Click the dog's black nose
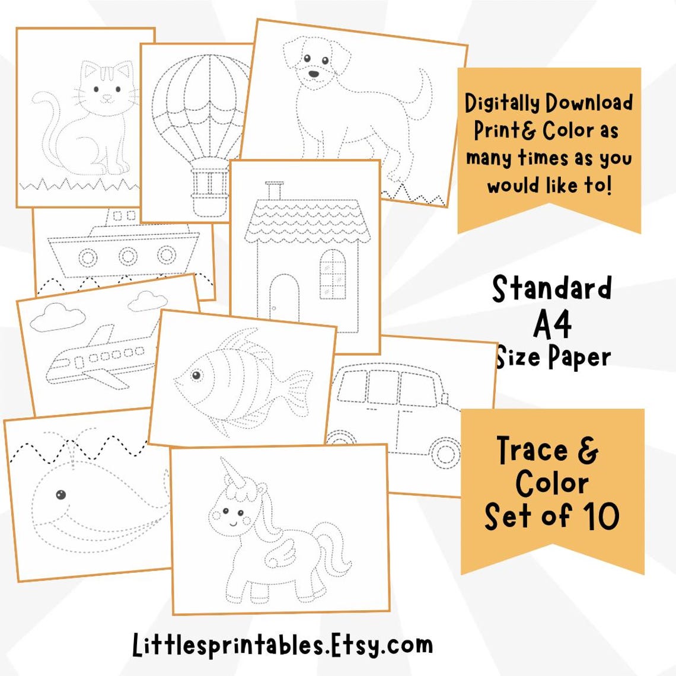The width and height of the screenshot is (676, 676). pyautogui.click(x=313, y=74)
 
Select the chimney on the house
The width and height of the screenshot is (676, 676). pyautogui.click(x=273, y=191)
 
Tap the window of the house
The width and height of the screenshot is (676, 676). pyautogui.click(x=332, y=274)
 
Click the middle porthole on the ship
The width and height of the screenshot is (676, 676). pyautogui.click(x=127, y=257)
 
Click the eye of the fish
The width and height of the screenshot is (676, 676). pyautogui.click(x=196, y=375)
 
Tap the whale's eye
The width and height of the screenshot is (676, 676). pyautogui.click(x=60, y=495)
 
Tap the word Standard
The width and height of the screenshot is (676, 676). pyautogui.click(x=551, y=289)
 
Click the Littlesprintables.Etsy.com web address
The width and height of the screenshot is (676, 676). pyautogui.click(x=282, y=645)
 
